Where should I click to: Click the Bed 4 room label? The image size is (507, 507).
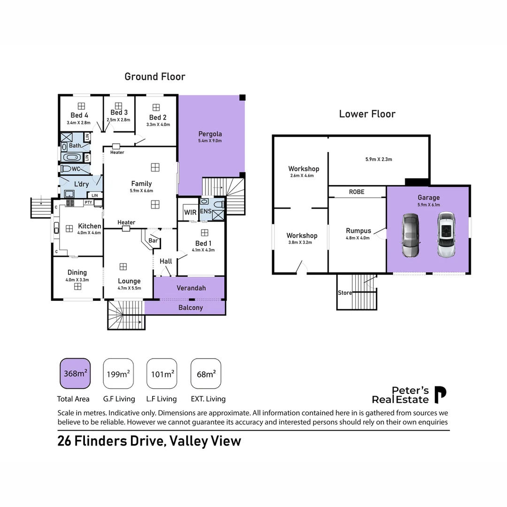[79, 115]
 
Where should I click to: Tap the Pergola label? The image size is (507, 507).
[210, 134]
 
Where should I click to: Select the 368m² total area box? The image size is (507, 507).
[75, 374]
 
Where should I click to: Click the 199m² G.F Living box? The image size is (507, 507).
[118, 374]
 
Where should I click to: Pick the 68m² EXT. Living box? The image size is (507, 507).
[206, 374]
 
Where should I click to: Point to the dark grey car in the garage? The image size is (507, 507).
[410, 235]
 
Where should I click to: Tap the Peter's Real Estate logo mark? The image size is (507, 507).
[440, 395]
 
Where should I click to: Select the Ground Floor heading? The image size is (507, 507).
[155, 77]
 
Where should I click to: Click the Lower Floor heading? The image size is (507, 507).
[367, 114]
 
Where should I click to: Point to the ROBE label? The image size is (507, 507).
[356, 192]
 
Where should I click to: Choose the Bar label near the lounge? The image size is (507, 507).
[153, 240]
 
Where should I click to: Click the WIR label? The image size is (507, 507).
[190, 213]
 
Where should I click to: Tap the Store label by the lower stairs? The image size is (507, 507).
[345, 293]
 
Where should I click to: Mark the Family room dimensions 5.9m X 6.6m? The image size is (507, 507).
[141, 191]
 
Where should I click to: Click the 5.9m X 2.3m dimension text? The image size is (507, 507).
[378, 159]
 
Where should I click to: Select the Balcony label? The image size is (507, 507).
[191, 307]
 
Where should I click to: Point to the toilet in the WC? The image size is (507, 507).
[66, 169]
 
